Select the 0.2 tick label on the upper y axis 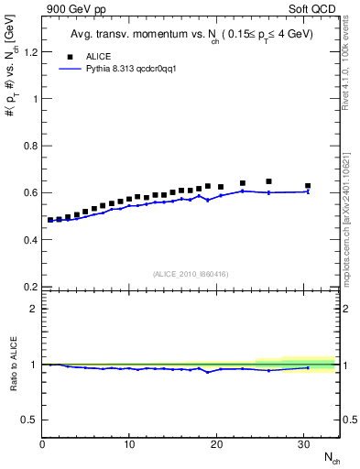[29, 287]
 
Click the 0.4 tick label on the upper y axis [29, 240]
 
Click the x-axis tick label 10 [129, 444]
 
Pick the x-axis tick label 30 [303, 444]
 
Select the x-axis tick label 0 [42, 444]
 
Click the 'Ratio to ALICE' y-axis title [13, 364]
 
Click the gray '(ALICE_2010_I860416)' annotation [191, 274]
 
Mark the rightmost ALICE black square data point [308, 186]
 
